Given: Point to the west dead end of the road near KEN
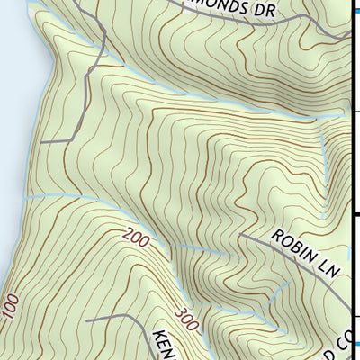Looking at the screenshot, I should pyautogui.click(x=86, y=319).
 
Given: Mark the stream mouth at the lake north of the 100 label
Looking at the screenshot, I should pyautogui.click(x=24, y=196).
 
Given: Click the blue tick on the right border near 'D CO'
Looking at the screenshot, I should pyautogui.click(x=355, y=343).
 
